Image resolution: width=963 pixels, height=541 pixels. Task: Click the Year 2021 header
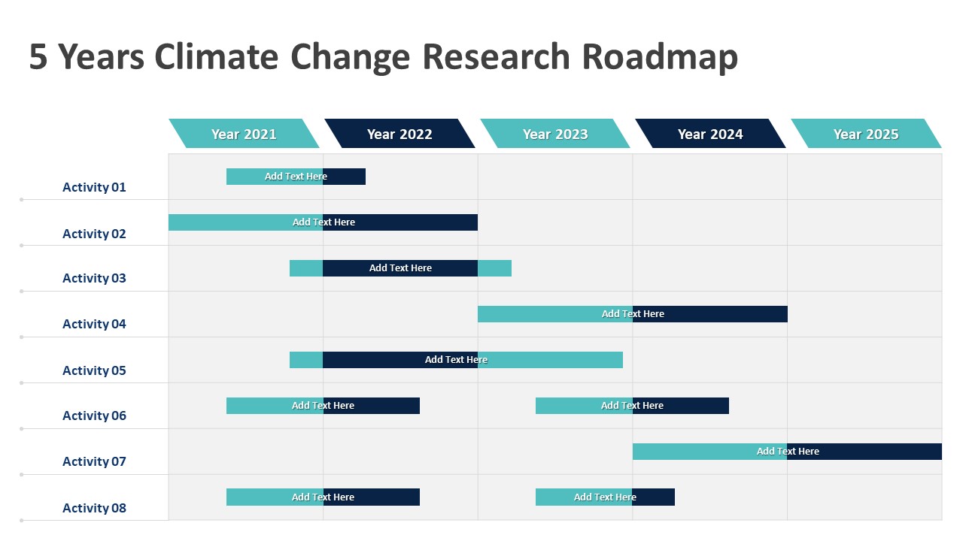tap(244, 134)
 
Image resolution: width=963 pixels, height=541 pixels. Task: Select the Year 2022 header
tap(399, 134)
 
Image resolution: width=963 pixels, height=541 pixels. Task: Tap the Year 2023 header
tap(555, 134)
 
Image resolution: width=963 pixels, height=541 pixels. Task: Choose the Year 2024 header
tap(710, 134)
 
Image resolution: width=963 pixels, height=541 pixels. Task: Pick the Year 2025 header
tap(866, 134)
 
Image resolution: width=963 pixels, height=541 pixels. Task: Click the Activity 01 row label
tap(94, 187)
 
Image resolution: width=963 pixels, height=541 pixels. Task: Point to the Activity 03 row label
tap(94, 278)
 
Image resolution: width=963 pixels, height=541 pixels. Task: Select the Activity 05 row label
tap(94, 370)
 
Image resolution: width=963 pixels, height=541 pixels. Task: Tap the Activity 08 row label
tap(94, 508)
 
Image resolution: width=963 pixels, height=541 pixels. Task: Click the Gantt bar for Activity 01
tap(296, 177)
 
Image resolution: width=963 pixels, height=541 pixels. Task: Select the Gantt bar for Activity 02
tap(323, 222)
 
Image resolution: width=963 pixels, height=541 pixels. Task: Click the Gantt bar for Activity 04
tap(633, 314)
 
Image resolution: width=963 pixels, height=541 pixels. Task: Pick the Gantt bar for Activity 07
tap(787, 452)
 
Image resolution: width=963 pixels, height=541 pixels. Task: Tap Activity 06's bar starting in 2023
tap(632, 406)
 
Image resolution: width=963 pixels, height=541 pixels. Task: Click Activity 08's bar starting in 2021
tap(323, 497)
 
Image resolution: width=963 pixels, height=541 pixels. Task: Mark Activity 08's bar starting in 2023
tap(605, 497)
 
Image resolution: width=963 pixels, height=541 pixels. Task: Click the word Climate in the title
tap(216, 56)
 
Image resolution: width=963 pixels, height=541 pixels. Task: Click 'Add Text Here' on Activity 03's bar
tap(400, 268)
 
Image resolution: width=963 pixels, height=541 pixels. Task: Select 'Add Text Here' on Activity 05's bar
tap(456, 359)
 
